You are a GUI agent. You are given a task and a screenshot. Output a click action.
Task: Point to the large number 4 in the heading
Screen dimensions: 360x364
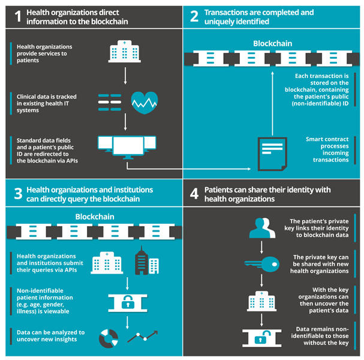[194, 194]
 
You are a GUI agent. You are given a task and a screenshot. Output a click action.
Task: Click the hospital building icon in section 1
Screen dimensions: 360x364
[124, 52]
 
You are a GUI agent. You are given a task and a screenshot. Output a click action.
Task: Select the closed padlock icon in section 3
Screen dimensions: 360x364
[127, 301]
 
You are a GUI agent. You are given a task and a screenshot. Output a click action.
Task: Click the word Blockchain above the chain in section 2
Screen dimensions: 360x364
[273, 44]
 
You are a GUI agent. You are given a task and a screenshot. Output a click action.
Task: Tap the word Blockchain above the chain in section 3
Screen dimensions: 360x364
[95, 217]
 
